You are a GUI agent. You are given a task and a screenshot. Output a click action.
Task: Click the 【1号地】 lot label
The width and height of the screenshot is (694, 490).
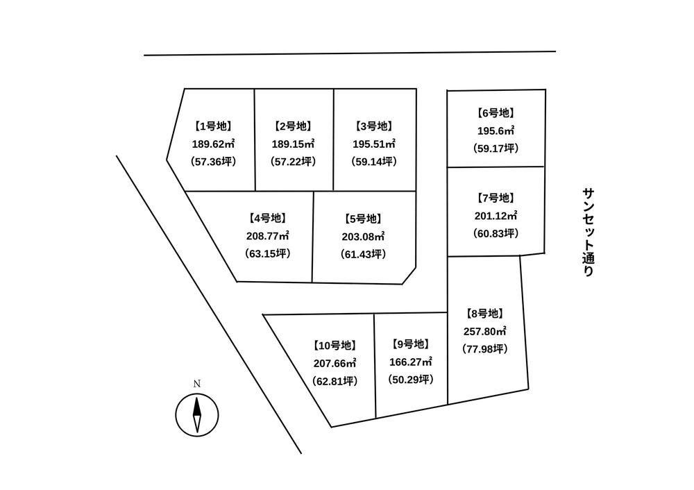212,126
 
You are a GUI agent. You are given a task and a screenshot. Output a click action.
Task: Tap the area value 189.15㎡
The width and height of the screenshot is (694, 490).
293,144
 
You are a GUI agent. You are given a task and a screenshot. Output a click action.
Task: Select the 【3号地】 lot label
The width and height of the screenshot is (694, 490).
375,126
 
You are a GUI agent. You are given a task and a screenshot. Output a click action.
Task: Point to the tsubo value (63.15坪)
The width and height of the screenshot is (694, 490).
268,253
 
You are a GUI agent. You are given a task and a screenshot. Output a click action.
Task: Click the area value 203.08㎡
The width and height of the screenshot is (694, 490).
364,236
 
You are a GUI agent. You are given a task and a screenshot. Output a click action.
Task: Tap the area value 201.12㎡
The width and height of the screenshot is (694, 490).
496,215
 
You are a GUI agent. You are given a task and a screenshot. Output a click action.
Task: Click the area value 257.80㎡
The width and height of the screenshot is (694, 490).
486,331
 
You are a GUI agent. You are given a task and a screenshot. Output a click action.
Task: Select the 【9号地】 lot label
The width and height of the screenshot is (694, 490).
411,344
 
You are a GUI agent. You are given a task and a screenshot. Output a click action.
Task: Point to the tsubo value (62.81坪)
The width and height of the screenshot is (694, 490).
335,380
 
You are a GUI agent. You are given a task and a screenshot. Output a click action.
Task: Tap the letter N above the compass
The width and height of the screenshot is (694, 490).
196,383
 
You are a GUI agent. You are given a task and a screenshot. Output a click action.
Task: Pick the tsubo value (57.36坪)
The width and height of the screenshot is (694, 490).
212,161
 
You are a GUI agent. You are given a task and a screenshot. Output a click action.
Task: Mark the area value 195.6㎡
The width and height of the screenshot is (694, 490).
496,130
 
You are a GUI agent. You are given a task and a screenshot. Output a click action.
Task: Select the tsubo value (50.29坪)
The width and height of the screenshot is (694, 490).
411,380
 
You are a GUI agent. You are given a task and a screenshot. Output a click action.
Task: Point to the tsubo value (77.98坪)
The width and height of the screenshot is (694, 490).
486,348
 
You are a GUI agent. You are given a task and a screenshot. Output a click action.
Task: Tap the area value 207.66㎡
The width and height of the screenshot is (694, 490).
335,362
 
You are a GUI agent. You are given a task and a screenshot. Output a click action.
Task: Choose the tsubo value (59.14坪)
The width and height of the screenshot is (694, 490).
375,161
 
